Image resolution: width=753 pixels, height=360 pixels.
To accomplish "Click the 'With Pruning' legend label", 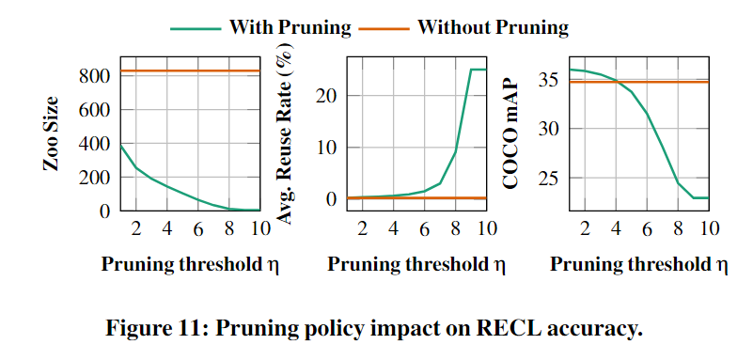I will point(290,27).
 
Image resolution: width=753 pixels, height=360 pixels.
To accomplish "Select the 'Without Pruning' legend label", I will point(493,27).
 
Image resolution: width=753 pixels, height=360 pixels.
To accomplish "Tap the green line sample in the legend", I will point(196,28).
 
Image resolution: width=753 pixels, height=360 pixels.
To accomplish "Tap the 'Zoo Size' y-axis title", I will point(52,133).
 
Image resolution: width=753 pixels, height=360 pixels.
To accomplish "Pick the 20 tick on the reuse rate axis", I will point(328,95).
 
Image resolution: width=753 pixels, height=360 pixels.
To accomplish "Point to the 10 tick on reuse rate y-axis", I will point(328,148).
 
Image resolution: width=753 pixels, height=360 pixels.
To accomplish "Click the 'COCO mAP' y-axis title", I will point(512,133).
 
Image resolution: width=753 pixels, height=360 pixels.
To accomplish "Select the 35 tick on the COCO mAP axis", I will point(551,80).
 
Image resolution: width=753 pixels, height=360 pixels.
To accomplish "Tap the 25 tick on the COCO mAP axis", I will point(551,177).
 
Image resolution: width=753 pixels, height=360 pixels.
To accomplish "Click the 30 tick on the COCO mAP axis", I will point(551,129).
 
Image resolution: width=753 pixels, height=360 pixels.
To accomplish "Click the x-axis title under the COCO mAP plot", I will point(639,264).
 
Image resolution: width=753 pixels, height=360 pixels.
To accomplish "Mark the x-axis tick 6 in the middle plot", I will point(424,228).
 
